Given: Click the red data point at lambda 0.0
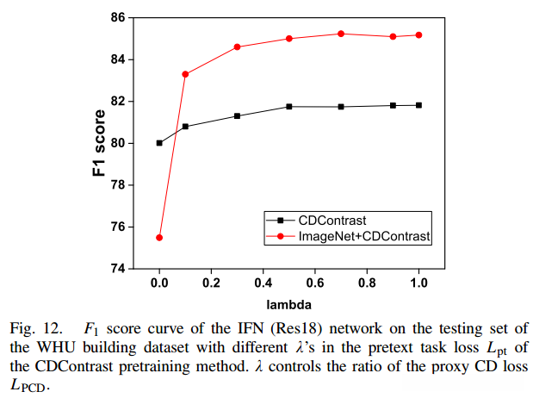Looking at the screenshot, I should coord(159,237).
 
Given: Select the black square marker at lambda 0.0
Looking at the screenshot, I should coord(159,143).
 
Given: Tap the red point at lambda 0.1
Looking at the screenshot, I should coord(185,74).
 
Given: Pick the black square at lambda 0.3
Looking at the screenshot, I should coord(237,115).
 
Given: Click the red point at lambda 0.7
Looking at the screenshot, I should coord(341,34).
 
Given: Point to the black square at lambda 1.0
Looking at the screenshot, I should coord(418,105).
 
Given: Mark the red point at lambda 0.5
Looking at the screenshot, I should coord(289,39).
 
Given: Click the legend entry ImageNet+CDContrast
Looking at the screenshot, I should coord(364,234).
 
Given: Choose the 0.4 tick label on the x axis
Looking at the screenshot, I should coord(263,283).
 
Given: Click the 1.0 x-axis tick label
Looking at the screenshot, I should coord(418,283).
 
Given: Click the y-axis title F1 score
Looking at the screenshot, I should coord(99,143).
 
